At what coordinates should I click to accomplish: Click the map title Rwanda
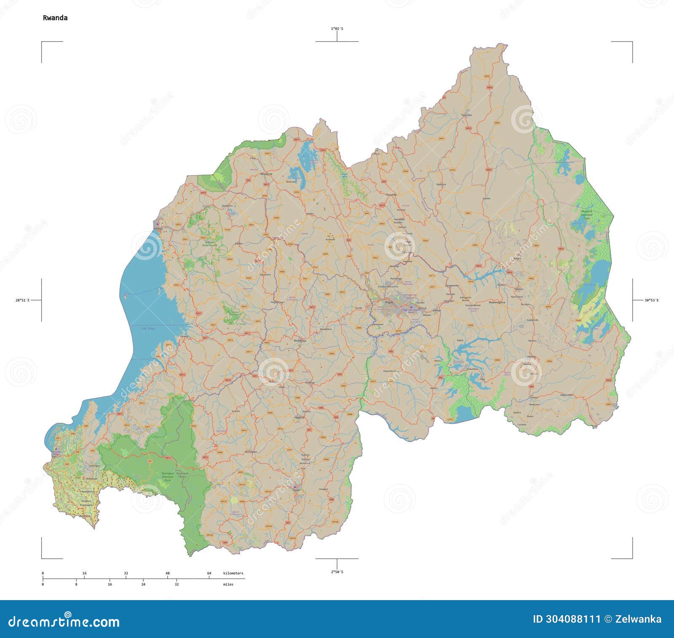[x=55, y=18]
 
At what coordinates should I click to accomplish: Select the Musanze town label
[x=266, y=174]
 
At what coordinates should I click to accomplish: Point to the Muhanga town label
[x=300, y=340]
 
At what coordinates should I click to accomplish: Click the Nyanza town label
[x=299, y=417]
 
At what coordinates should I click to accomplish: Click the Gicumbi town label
[x=391, y=195]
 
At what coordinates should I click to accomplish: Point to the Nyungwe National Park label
[x=167, y=476]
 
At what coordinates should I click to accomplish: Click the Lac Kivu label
[x=148, y=328]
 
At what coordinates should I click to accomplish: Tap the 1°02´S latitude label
[x=337, y=29]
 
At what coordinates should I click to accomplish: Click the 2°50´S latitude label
[x=337, y=572]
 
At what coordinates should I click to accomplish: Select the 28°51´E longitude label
[x=22, y=300]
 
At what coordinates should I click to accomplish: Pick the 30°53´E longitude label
[x=651, y=300]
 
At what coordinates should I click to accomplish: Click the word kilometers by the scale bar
[x=233, y=573]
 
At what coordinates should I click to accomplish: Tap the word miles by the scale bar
[x=228, y=584]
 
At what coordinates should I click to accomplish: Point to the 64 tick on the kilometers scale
[x=209, y=573]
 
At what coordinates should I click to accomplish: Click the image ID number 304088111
[x=566, y=619]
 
